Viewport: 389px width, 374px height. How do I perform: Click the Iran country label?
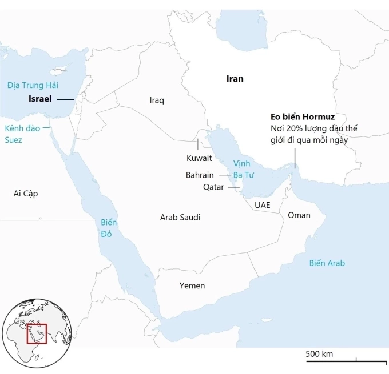235,79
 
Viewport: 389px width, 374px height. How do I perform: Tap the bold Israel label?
40,99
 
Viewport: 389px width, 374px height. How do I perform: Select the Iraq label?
157,100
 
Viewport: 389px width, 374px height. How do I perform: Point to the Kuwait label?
199,158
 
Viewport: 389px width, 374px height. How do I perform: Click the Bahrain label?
200,175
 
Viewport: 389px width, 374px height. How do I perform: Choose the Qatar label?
213,187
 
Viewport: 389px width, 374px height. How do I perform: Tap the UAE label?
263,204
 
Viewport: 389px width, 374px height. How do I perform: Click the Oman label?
299,215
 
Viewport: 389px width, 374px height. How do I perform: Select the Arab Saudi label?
180,217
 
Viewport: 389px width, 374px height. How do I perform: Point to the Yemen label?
192,285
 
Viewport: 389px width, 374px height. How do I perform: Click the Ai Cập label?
26,194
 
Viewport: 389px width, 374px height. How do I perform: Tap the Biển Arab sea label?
327,263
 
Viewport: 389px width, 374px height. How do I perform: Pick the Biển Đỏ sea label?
109,227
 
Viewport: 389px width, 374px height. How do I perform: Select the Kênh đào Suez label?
22,134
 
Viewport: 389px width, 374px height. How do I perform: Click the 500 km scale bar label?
319,354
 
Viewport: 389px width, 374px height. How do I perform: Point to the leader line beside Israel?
65,99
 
